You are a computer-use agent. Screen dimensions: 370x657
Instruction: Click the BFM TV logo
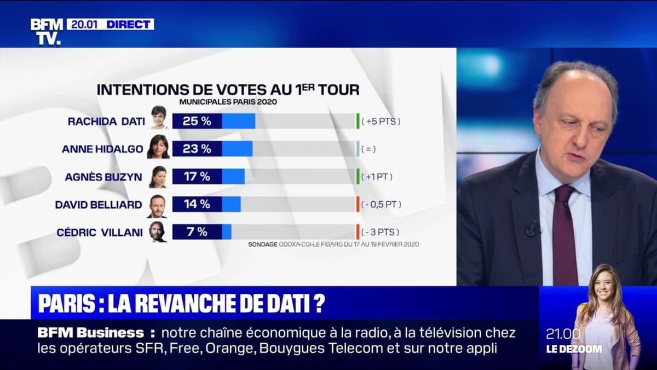point(46,32)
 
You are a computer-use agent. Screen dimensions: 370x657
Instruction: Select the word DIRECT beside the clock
point(129,24)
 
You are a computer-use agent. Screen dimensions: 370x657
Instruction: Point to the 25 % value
point(197,121)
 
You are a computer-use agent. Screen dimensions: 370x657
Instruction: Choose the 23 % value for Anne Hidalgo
point(197,149)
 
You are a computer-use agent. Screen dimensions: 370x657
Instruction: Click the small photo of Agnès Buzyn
point(158,177)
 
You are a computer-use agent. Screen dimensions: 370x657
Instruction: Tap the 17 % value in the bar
point(197,177)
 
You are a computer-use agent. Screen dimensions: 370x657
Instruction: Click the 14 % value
point(197,204)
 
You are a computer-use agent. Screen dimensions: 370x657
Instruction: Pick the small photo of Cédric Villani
point(158,232)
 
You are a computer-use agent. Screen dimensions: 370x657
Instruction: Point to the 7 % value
point(197,232)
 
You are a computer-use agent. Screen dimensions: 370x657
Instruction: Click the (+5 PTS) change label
point(381,121)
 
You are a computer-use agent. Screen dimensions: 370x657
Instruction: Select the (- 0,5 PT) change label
point(382,204)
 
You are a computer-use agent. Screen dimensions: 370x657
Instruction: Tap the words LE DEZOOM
point(574,349)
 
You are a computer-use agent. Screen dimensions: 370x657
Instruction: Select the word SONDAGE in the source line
point(263,244)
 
